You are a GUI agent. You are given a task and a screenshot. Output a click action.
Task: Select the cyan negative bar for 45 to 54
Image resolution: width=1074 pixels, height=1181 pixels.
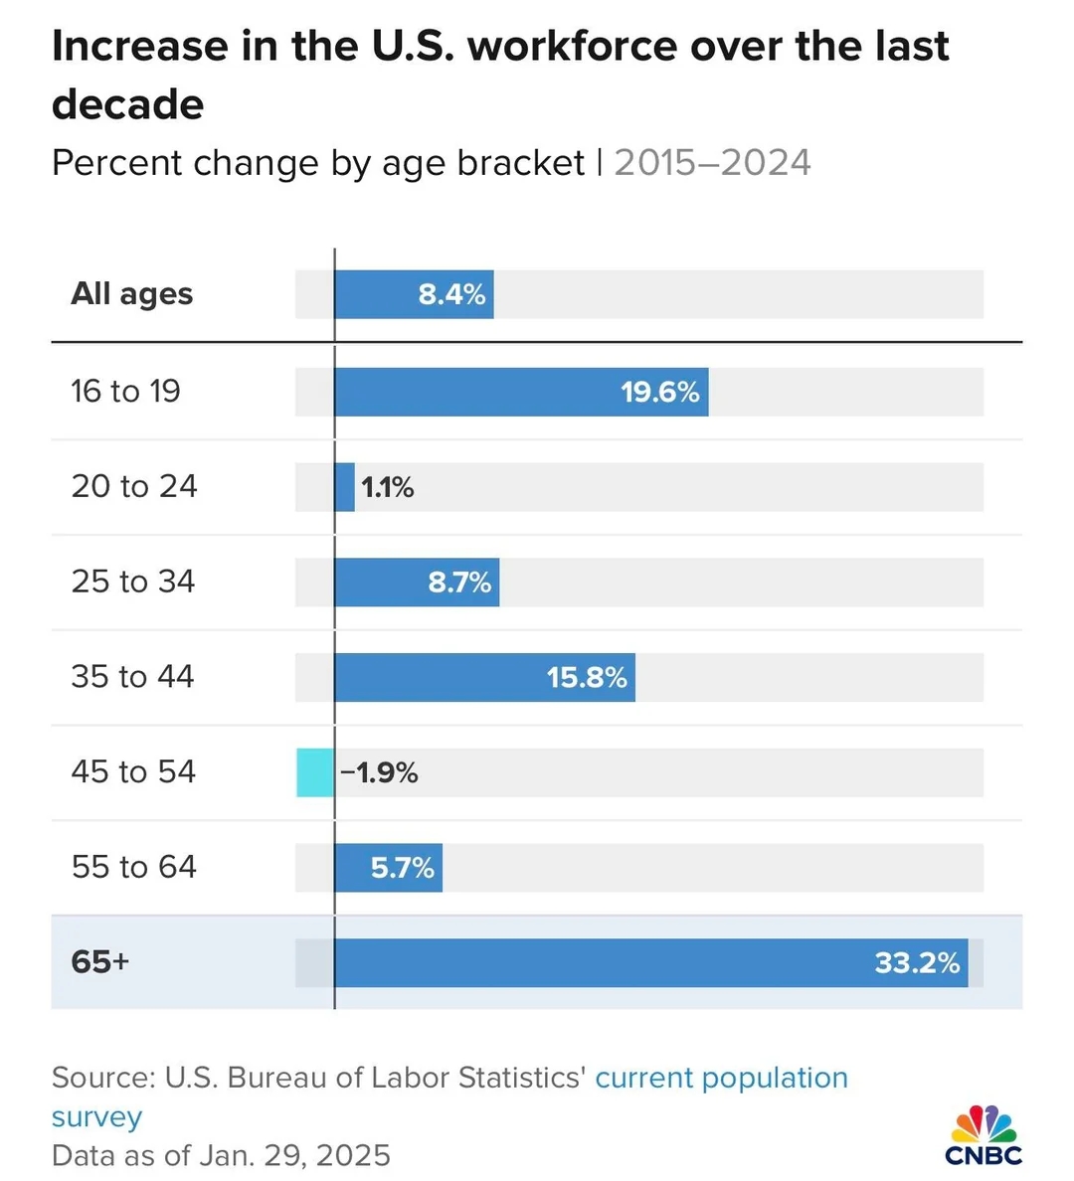click(x=315, y=772)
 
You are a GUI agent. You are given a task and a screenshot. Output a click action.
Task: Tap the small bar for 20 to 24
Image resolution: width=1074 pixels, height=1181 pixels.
click(x=345, y=487)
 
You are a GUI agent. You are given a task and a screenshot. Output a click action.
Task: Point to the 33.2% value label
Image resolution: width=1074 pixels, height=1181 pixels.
click(x=917, y=962)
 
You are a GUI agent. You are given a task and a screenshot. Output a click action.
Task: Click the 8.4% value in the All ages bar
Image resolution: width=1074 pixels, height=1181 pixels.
click(x=451, y=294)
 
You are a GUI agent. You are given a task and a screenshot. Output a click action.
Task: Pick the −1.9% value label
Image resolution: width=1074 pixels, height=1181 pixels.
click(x=379, y=772)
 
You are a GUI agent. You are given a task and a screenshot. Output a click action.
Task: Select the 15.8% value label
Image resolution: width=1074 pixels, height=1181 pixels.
click(x=587, y=678)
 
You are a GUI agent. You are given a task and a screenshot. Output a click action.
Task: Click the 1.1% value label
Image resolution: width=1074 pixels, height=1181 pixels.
click(x=388, y=487)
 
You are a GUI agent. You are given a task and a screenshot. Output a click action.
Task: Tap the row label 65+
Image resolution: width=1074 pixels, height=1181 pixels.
click(x=100, y=961)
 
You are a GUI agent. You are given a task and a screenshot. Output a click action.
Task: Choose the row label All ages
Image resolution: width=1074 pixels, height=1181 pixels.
click(x=132, y=293)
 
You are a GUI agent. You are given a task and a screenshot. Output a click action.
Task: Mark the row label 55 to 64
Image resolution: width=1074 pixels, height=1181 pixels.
click(x=134, y=867)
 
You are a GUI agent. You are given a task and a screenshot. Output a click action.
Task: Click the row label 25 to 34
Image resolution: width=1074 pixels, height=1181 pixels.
click(x=133, y=582)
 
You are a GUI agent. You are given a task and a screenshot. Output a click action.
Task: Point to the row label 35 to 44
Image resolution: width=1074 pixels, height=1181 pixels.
click(x=133, y=677)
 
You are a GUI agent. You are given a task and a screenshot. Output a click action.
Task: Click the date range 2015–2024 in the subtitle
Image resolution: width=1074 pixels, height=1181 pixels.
click(x=712, y=163)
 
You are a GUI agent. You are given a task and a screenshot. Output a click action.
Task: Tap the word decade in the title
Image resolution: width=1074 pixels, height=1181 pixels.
click(x=128, y=104)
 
